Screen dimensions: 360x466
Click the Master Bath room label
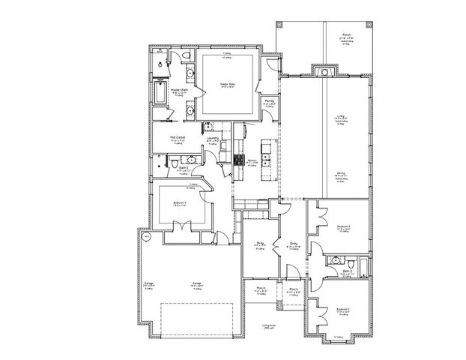[178, 89]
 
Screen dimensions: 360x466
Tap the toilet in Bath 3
[173, 161]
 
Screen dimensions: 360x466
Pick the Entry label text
[294, 243]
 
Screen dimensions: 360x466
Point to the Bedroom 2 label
[342, 310]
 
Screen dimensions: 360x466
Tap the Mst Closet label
[177, 138]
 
